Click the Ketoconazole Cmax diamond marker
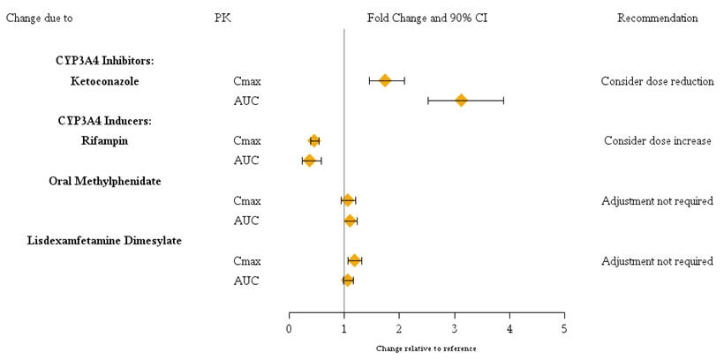pos(385,80)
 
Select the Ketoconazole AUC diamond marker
pos(461,101)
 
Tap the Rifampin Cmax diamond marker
pos(314,140)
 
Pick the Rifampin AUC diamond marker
pos(310,161)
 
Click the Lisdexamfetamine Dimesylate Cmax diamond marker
pos(355,260)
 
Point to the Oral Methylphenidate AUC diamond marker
pos(351,221)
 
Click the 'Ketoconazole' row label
pos(105,81)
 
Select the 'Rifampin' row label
pos(105,141)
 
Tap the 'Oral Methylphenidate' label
pos(111,181)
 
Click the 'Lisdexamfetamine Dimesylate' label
pos(104,241)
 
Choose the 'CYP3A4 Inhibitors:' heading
pos(105,61)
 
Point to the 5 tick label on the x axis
pos(564,329)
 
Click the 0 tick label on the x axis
pos(289,329)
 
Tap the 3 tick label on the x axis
pos(454,329)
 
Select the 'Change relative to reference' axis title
pos(426,349)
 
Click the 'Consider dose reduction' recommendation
pos(657,81)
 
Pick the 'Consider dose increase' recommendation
pos(657,141)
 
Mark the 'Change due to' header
pos(40,18)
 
